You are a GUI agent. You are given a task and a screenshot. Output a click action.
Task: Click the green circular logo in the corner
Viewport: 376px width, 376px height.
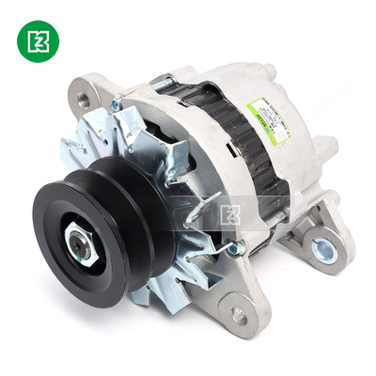pos(38,39)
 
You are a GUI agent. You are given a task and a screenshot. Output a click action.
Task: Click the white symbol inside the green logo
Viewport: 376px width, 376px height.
pos(38,39)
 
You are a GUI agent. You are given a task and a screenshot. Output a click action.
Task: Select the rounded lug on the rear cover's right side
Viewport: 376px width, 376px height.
pos(326,150)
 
